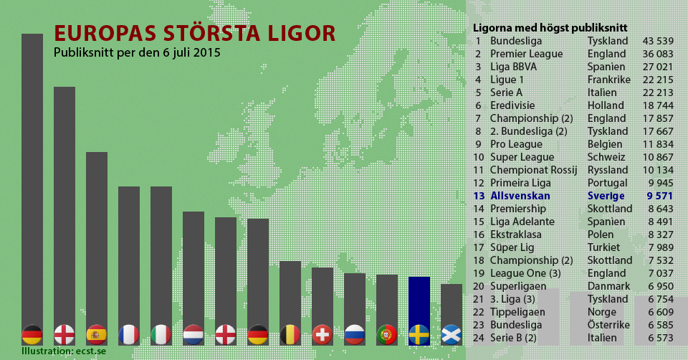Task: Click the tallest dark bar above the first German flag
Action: coord(32,179)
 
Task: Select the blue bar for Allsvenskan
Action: coord(419,301)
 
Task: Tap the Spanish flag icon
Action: coord(97,334)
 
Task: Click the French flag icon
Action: coord(129,334)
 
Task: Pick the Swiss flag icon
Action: coord(322,334)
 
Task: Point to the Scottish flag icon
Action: coord(451,334)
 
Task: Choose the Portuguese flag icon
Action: coord(387,334)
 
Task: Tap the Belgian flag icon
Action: coord(290,334)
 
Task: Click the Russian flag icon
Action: coord(355,334)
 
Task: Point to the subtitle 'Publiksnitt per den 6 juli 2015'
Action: coord(137,53)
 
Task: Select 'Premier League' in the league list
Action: coord(526,54)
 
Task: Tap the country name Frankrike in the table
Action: coord(608,80)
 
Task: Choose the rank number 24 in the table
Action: coord(478,338)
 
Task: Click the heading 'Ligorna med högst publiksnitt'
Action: coord(550,28)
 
